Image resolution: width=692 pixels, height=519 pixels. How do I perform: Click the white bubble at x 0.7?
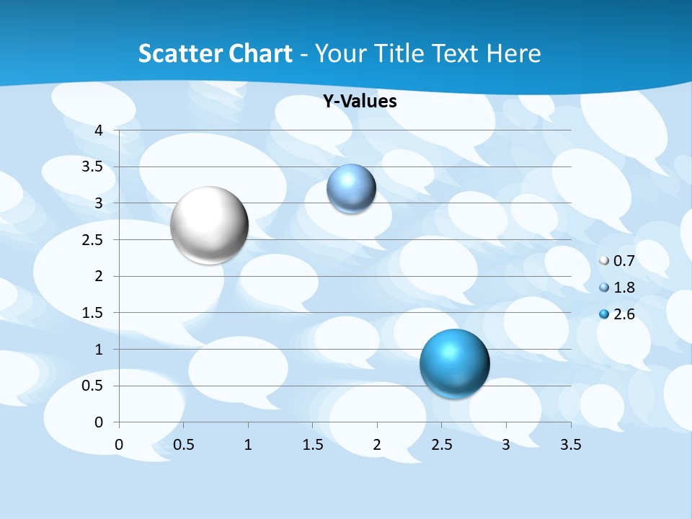[209, 225]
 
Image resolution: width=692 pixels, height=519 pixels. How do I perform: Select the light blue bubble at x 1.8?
[351, 189]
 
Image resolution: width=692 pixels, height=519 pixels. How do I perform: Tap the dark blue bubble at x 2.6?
[454, 363]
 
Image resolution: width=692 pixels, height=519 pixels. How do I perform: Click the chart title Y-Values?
[360, 102]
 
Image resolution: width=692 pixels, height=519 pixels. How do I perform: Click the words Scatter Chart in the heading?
[215, 53]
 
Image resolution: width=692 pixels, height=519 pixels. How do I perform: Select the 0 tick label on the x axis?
[120, 445]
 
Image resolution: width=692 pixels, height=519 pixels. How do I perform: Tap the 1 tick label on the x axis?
[248, 445]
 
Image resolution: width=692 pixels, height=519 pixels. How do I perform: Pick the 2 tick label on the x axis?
[377, 445]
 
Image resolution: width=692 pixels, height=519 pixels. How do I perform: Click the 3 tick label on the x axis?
[506, 445]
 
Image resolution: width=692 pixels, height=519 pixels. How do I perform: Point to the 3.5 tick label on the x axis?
[570, 445]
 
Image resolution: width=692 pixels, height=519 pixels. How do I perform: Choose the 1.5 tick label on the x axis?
[313, 445]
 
